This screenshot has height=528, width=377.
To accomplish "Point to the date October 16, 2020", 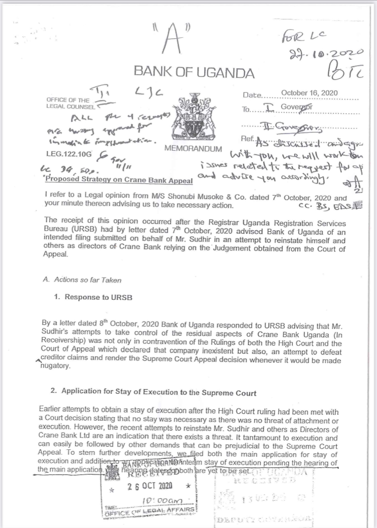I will coord(309,93).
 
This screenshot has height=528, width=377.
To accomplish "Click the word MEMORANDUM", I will coord(193,149).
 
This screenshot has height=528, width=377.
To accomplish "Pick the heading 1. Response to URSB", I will coord(93,297).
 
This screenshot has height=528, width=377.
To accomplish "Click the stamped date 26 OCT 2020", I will coord(150,486).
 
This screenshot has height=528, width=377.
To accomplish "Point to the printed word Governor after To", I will coord(299,108).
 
